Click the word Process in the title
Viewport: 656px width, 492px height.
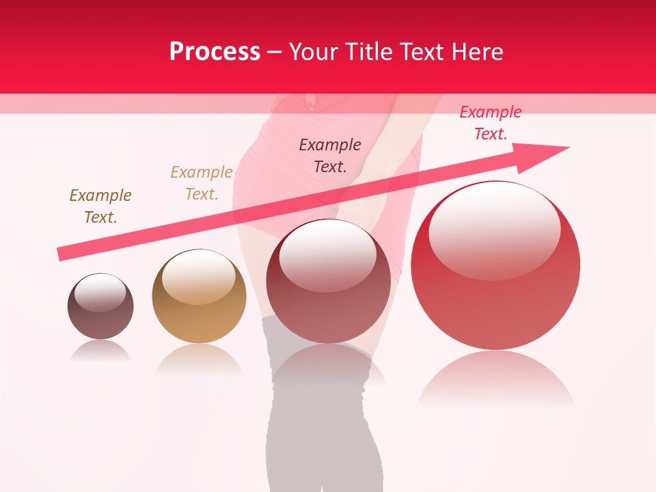tap(215, 52)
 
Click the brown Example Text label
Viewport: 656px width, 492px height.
tap(100, 206)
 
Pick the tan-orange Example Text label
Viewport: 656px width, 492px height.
tap(202, 183)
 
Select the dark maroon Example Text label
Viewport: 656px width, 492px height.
tap(330, 155)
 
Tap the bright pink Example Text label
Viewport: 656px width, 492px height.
tap(491, 123)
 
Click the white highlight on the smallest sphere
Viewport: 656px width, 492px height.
tap(100, 293)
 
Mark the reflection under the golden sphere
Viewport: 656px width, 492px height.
tap(199, 359)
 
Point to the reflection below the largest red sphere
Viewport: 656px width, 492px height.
tap(495, 380)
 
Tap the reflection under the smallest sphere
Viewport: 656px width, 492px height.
tap(100, 350)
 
